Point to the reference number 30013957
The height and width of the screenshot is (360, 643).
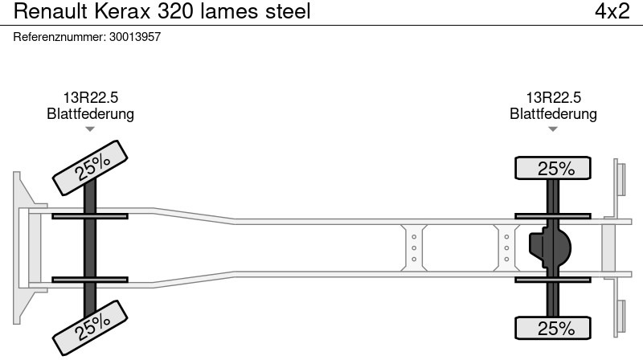(x=135, y=37)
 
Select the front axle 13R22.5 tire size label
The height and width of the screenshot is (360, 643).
(x=90, y=98)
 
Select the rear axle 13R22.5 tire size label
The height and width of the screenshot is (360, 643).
(x=553, y=98)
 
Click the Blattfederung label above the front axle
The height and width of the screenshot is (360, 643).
(x=90, y=114)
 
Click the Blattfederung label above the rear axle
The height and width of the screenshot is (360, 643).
(x=553, y=114)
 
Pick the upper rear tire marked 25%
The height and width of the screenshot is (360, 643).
(x=553, y=169)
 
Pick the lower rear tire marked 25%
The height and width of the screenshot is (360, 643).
(x=553, y=328)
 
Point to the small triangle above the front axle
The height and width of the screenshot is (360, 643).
(x=90, y=129)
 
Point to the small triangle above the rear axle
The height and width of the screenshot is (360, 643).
(x=553, y=129)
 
